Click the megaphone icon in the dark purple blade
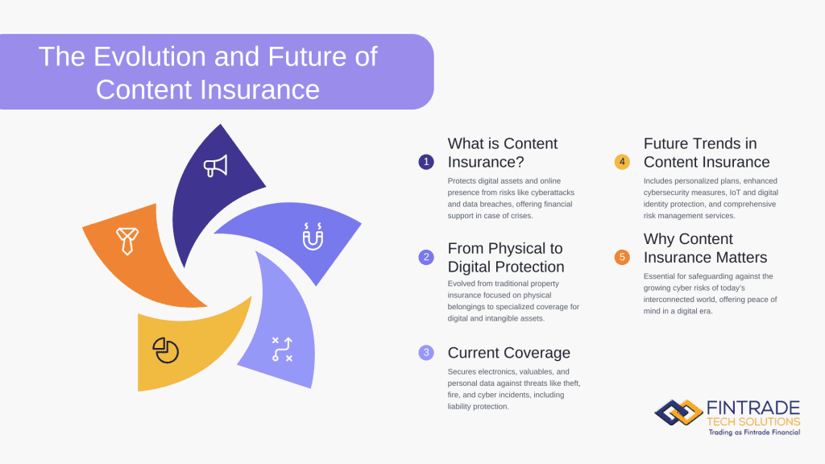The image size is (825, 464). click(215, 166)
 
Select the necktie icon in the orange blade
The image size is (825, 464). click(126, 240)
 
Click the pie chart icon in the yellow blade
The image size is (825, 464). click(165, 350)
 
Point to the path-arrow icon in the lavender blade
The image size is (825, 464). click(282, 349)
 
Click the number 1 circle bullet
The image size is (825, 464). click(426, 162)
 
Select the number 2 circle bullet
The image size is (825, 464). click(426, 257)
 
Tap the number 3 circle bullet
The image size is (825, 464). click(426, 352)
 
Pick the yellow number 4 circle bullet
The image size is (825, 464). click(622, 162)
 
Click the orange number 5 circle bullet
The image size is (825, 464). click(622, 257)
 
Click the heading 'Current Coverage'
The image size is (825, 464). click(508, 352)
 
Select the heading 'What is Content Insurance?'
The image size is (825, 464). click(503, 152)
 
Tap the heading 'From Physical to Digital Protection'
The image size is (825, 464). click(506, 257)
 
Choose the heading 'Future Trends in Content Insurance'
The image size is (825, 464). click(707, 152)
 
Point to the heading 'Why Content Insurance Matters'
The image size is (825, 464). click(705, 248)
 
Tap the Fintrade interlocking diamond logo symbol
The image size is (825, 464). click(678, 412)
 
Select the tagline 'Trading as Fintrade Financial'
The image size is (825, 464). click(754, 433)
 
